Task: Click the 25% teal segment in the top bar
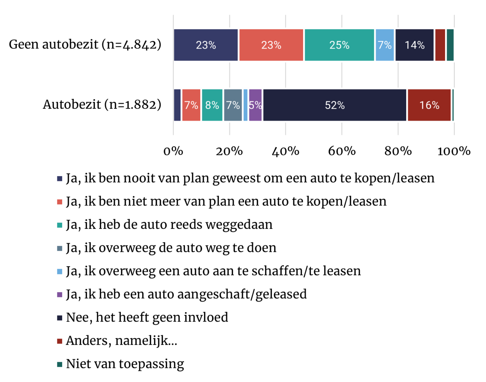(339, 45)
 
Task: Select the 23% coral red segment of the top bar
(271, 45)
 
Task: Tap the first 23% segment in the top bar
(206, 45)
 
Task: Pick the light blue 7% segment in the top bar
(385, 45)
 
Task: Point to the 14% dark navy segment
(414, 45)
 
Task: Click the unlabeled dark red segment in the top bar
(440, 45)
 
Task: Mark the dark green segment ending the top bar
(450, 45)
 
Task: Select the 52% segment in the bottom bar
(335, 105)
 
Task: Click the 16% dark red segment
(429, 105)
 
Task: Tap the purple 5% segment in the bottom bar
(255, 105)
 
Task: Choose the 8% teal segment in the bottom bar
(212, 105)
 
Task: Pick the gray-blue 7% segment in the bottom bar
(233, 105)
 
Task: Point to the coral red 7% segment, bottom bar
(191, 105)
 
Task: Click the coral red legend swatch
(60, 202)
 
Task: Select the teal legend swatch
(60, 225)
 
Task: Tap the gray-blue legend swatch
(60, 248)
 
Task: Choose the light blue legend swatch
(60, 272)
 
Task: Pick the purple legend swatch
(60, 295)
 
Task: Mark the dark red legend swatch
(60, 341)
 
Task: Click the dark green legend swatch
(60, 364)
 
